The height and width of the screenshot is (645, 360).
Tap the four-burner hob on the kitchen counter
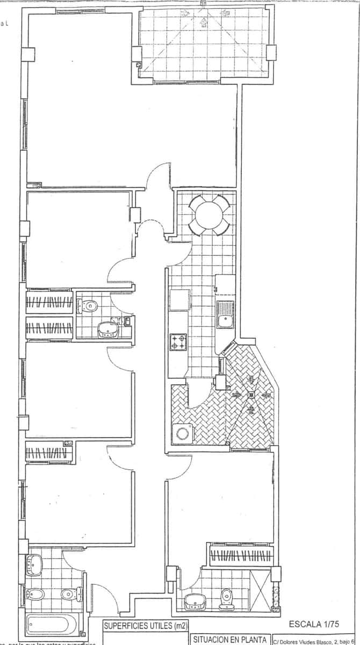coord(178,342)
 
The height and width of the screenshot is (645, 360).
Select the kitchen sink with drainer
coord(224,314)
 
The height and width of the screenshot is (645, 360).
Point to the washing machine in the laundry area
coord(182,434)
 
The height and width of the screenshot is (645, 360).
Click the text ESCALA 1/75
coord(314,625)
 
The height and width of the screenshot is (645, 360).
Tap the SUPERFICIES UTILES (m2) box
coord(142,626)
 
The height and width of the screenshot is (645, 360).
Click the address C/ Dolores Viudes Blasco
coord(314,641)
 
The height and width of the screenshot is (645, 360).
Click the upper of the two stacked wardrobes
coord(49,302)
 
